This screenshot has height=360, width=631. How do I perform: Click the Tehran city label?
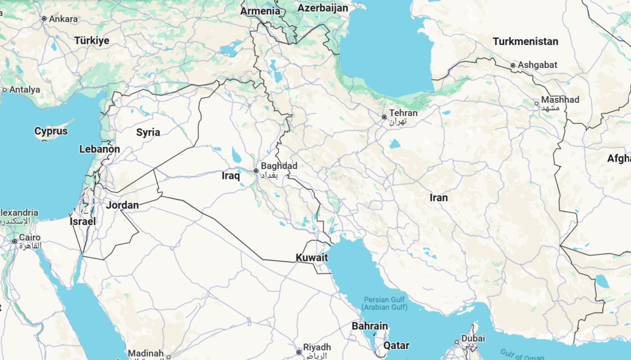click(403, 113)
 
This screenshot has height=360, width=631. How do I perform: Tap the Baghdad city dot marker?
click(256, 171)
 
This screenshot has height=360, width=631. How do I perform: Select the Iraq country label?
click(230, 176)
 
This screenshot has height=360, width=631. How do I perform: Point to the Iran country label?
click(439, 197)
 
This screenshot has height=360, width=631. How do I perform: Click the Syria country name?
click(148, 132)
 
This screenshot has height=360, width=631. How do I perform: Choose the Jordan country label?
click(122, 205)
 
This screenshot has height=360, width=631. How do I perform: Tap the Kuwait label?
click(311, 257)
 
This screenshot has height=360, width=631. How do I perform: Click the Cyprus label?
click(51, 131)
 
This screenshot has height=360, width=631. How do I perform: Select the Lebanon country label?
click(100, 149)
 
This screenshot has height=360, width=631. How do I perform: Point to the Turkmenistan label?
click(526, 41)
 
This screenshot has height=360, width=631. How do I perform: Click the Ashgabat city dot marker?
click(513, 65)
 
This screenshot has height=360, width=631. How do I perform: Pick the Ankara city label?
click(63, 18)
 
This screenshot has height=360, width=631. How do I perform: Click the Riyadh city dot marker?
click(298, 348)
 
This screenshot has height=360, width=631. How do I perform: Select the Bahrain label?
click(370, 325)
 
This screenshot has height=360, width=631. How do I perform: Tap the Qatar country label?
click(396, 345)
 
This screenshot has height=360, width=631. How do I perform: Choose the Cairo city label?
click(30, 237)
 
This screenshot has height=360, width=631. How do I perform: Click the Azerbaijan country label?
click(323, 8)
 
